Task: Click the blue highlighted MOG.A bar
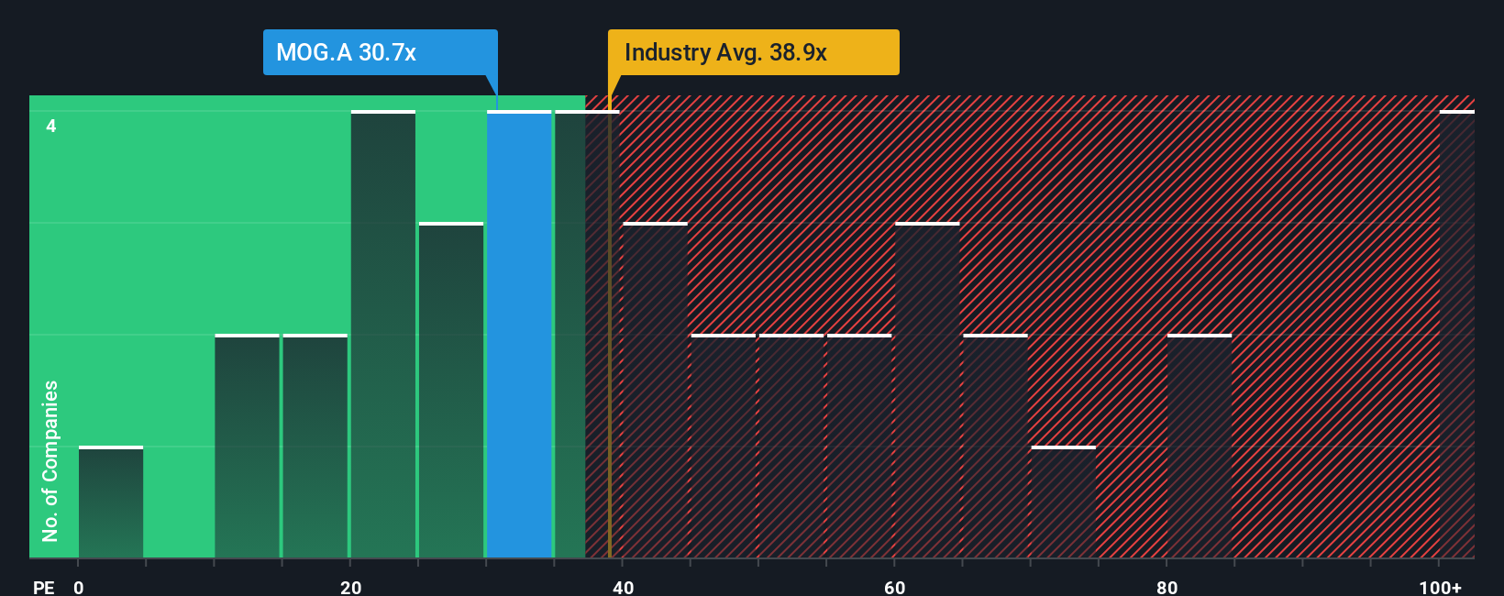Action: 519,335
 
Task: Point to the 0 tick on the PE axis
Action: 79,587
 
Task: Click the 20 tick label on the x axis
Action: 350,587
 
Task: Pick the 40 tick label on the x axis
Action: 623,587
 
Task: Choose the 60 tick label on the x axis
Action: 895,587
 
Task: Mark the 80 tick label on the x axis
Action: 1167,587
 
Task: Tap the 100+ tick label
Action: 1440,587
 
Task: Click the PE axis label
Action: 43,587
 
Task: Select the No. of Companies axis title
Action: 50,460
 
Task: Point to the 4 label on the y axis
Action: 51,126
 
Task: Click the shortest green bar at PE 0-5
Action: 111,502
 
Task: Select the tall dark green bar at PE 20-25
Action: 383,335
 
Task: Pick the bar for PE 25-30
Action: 451,391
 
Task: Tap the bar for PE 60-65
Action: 927,391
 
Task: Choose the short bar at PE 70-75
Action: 1063,502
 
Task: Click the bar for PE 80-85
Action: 1200,447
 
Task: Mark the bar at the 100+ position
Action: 1456,335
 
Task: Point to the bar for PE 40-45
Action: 655,391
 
